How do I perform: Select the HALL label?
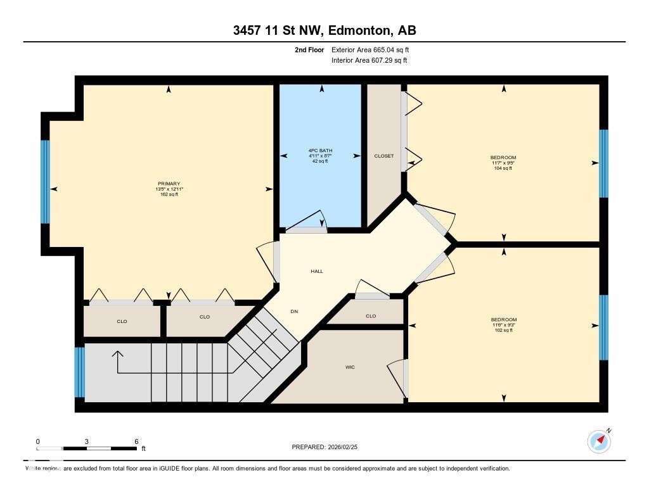point(317,271)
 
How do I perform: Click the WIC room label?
point(350,367)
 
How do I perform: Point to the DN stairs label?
point(294,311)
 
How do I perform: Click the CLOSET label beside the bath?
point(384,156)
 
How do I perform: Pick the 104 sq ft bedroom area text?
point(503,168)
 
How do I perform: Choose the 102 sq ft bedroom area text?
point(503,330)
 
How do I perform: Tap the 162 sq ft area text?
point(169,194)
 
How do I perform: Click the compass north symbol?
point(599,441)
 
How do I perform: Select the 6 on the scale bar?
point(136,441)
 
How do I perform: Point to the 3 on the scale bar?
point(87,441)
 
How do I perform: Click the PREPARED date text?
point(328,447)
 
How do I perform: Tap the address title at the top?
point(324,30)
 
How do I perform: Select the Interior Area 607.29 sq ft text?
point(369,61)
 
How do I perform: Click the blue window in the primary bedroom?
point(45,182)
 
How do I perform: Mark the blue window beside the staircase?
point(79,372)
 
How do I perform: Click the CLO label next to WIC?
point(371,316)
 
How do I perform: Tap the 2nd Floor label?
point(309,49)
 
